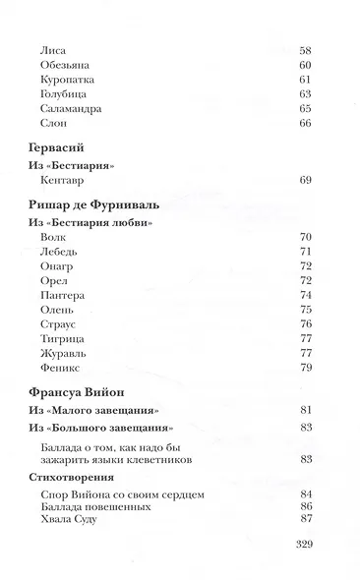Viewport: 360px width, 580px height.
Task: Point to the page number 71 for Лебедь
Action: click(304, 252)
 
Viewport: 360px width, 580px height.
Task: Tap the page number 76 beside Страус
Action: click(304, 323)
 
